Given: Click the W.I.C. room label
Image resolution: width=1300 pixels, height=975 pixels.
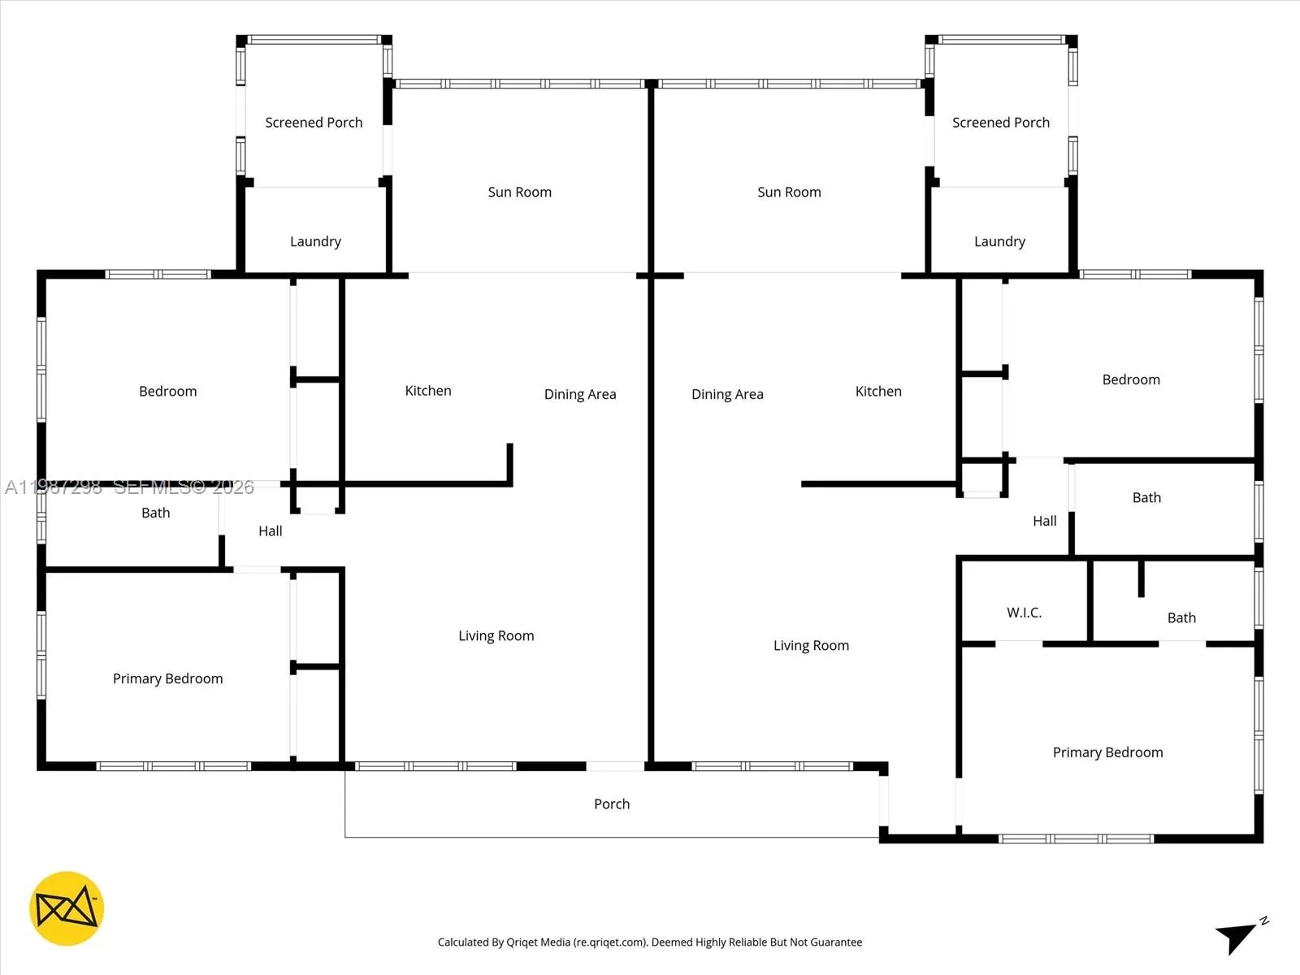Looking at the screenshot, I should tap(1024, 613).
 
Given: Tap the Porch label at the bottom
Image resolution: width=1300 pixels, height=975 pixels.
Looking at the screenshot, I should tap(612, 804).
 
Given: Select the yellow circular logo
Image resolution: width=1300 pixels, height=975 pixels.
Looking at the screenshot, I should tap(67, 908).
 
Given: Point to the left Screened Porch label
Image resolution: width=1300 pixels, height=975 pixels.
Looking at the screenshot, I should tap(314, 123).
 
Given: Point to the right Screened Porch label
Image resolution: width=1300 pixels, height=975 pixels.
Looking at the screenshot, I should tap(1000, 123).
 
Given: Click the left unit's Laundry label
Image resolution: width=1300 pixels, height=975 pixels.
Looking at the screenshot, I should tap(315, 241).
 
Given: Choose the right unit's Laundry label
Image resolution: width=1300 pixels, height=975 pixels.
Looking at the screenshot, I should tap(999, 241).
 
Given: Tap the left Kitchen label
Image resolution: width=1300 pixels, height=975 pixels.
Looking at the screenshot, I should tap(428, 391).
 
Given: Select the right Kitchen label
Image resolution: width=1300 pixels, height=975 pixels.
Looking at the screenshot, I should tap(878, 392).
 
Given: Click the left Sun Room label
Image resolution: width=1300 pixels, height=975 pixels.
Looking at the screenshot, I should tap(519, 193).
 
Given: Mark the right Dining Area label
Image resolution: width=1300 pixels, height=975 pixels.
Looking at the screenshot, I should tap(727, 395).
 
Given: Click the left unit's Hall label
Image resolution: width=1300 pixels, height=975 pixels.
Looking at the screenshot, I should tap(271, 531).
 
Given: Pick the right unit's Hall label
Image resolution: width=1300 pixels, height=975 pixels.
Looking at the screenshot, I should tap(1044, 522).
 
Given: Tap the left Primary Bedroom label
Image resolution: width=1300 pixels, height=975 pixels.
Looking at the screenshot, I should tap(167, 679).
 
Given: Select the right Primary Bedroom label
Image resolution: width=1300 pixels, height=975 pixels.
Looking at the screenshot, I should tap(1107, 753).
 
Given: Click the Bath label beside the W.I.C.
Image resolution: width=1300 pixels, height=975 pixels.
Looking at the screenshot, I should tap(1181, 618).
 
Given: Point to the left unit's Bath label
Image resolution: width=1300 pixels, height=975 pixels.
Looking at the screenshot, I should tap(156, 513).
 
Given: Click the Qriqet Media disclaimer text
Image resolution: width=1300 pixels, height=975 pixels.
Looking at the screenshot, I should tap(650, 942).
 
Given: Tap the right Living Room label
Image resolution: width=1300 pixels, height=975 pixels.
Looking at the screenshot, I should tap(811, 646).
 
